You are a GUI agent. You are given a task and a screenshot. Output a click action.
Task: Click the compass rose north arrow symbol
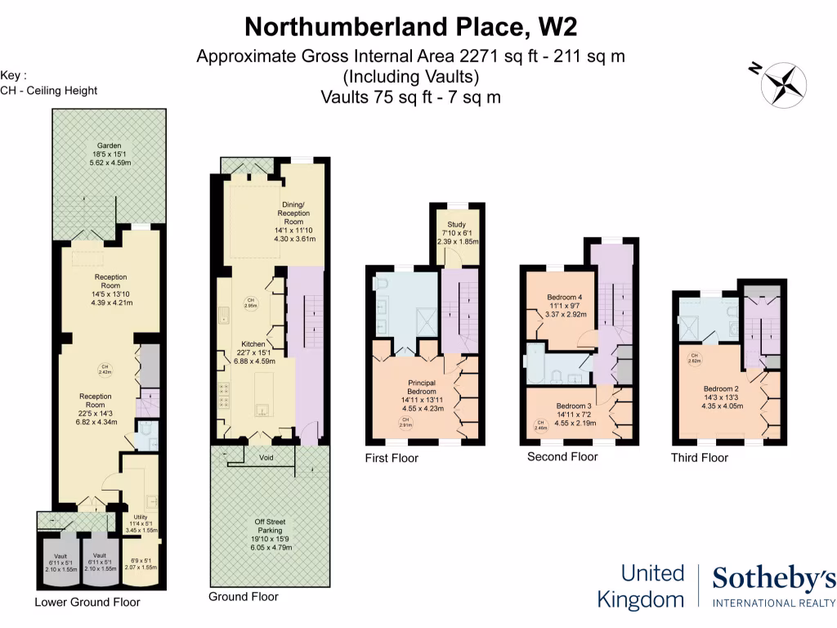pos(783,83)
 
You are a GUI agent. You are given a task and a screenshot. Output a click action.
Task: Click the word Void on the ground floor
pos(266,457)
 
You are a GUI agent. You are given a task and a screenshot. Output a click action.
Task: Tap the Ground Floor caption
pos(244,597)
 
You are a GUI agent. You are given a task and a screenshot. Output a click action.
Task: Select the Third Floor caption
pos(700,457)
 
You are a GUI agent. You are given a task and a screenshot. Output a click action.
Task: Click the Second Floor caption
pos(562,456)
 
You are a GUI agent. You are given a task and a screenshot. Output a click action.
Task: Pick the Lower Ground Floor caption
pos(87,603)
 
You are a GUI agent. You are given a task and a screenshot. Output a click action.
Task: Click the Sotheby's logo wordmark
pos(773,579)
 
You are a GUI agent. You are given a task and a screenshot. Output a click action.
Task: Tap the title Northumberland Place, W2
pos(411,27)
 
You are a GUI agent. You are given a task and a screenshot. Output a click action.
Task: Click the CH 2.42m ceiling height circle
pos(105,369)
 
